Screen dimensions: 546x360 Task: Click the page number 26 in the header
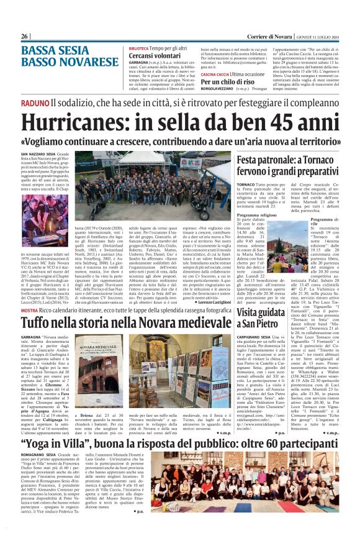click(x=25, y=36)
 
